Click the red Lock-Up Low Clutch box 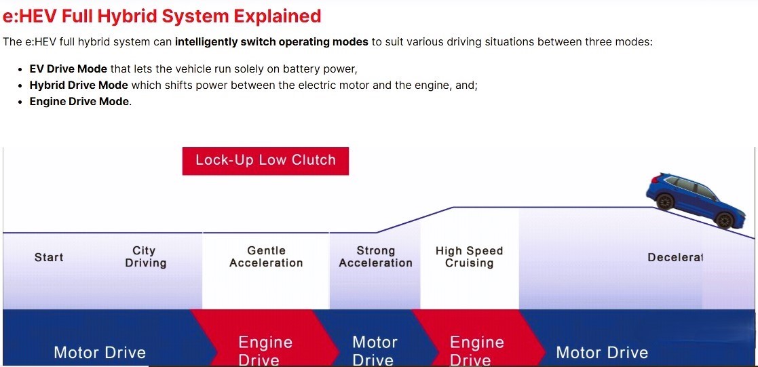(265, 161)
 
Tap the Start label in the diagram (49, 257)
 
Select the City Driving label (145, 256)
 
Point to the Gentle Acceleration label (266, 256)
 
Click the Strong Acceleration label (376, 256)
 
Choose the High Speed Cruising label (470, 256)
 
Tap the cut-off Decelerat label (675, 257)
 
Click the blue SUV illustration (696, 200)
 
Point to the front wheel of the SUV (724, 220)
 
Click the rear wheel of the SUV (665, 201)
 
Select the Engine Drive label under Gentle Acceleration (265, 351)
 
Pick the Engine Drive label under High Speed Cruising (476, 351)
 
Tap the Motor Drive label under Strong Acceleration (375, 351)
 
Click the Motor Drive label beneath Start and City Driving (100, 353)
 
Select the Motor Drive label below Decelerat (602, 353)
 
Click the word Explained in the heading (278, 16)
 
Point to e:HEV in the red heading (31, 16)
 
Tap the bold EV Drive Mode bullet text (68, 69)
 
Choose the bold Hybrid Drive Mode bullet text (79, 85)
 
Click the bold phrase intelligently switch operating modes (271, 41)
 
